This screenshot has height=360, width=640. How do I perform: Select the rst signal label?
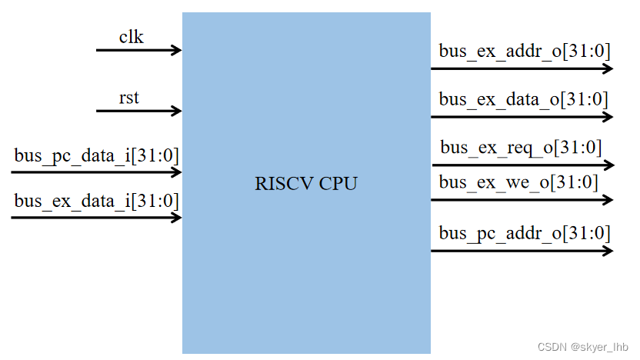(129, 98)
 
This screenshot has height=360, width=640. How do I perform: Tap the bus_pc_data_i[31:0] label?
(96, 156)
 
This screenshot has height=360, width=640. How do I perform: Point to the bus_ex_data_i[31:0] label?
(96, 201)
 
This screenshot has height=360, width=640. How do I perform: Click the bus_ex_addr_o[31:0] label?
(525, 52)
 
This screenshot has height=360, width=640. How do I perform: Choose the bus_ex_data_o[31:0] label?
(524, 99)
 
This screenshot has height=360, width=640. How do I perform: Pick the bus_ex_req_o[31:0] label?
(521, 147)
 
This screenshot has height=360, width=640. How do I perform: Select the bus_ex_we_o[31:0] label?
(518, 182)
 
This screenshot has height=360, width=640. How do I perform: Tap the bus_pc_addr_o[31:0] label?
(525, 232)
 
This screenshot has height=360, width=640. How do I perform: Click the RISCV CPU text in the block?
(306, 184)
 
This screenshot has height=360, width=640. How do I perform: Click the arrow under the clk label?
(138, 50)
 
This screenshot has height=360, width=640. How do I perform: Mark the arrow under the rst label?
(138, 111)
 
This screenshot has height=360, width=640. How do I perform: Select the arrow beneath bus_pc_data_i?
(96, 172)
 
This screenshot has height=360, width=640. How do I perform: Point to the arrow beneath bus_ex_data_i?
(96, 217)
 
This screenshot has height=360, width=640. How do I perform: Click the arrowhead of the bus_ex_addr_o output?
(608, 68)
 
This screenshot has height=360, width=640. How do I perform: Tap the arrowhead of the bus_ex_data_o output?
(608, 117)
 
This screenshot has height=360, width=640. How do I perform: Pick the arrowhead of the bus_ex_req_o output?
(609, 165)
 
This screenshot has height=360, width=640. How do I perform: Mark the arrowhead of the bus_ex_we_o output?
(608, 200)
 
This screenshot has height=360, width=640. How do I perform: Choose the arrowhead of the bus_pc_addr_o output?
(608, 250)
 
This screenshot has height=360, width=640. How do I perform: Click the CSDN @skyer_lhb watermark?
(582, 347)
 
